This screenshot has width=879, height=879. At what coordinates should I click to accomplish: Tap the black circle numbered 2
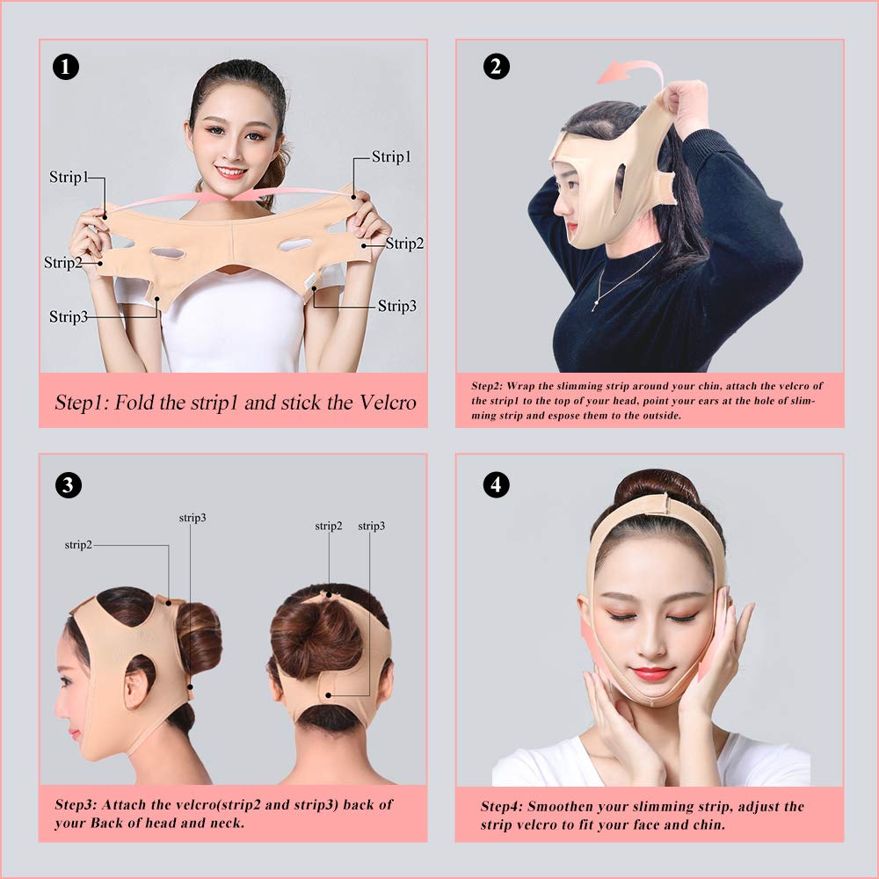click(x=497, y=67)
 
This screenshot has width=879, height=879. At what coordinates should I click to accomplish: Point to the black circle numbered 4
click(x=497, y=483)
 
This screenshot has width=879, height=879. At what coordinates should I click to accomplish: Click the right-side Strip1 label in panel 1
click(x=391, y=156)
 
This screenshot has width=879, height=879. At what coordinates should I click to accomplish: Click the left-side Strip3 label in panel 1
click(x=69, y=316)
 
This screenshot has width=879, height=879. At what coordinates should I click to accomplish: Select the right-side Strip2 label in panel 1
click(x=404, y=243)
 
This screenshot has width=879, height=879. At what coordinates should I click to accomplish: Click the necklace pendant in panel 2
click(x=595, y=304)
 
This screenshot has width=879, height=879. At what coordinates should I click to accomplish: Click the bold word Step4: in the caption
click(x=502, y=806)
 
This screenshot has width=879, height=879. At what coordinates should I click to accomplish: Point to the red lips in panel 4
click(x=651, y=673)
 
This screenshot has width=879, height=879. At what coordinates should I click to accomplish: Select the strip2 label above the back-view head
click(x=329, y=526)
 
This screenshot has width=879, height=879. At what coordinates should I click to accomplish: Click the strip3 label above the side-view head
click(x=193, y=518)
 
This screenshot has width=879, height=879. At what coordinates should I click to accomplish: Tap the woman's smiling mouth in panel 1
click(x=231, y=172)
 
